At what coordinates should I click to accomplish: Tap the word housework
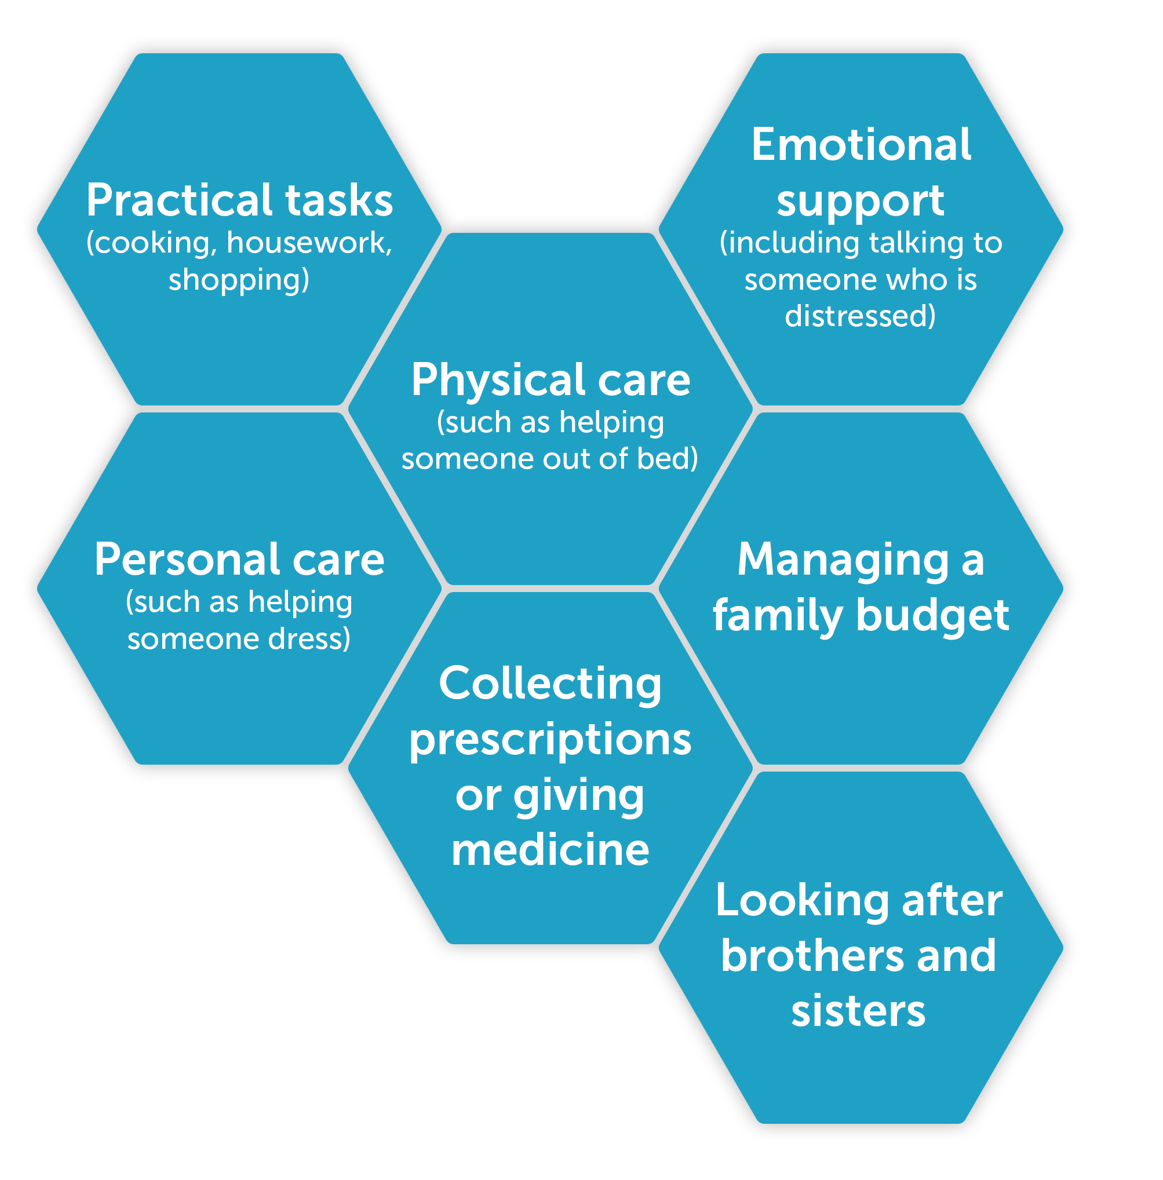tap(308, 243)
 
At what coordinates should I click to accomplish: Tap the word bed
tap(666, 459)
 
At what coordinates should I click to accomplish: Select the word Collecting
tap(550, 684)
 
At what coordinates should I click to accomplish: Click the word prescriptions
tap(550, 740)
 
